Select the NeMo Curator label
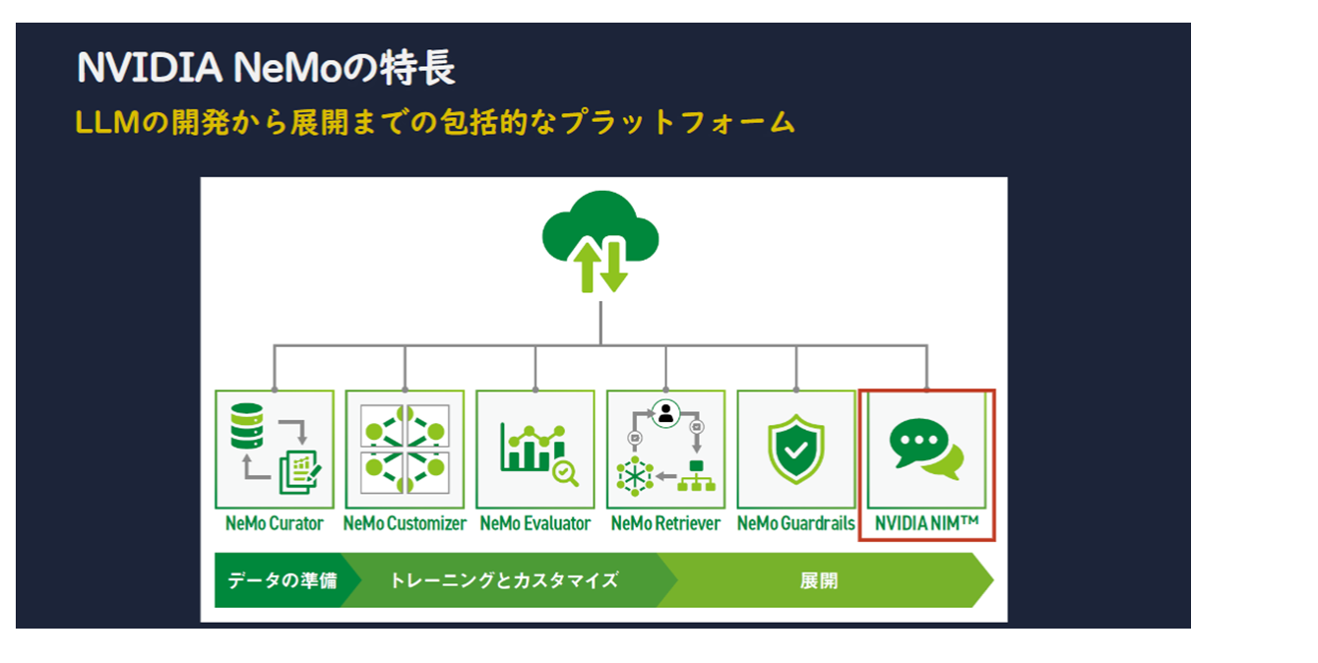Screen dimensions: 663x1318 tap(274, 523)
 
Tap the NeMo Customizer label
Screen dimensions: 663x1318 tap(405, 523)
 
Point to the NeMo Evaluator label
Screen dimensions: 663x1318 tap(535, 523)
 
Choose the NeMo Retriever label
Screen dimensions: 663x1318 tap(665, 523)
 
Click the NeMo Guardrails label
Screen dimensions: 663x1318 tap(795, 523)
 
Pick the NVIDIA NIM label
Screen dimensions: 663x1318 tap(926, 523)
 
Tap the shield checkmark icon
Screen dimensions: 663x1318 tap(795, 449)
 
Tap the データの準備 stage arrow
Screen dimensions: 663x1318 tap(282, 580)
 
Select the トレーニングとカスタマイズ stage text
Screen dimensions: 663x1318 tap(503, 580)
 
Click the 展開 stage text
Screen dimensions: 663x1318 tap(818, 580)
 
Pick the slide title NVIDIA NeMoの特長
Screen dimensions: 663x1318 tap(266, 69)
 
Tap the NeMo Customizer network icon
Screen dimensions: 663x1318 tap(405, 450)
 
